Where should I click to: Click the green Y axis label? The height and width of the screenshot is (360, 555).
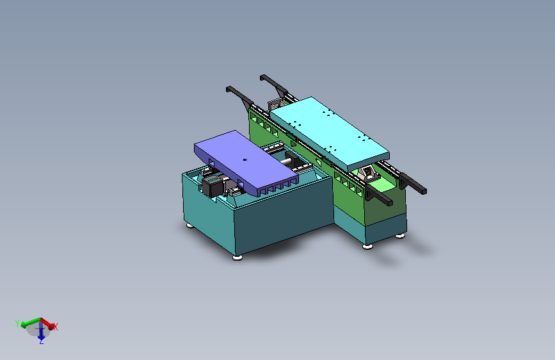pyautogui.click(x=17, y=323)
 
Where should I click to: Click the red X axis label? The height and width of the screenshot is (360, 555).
pyautogui.click(x=56, y=326)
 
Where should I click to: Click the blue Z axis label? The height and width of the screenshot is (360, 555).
pyautogui.click(x=42, y=341)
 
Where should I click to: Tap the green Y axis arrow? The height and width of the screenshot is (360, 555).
pyautogui.click(x=30, y=322)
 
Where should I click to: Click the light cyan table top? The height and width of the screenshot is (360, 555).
pyautogui.click(x=330, y=133)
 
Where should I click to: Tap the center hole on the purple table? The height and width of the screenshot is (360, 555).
pyautogui.click(x=245, y=160)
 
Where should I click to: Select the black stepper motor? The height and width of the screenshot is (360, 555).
pyautogui.click(x=212, y=186)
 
